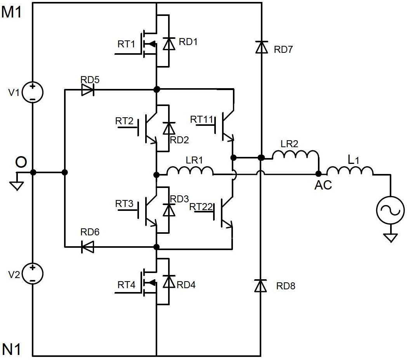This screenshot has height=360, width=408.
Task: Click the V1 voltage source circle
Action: click(33, 92)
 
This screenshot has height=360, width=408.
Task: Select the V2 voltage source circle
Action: click(33, 273)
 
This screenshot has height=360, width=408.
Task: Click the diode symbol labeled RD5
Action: click(88, 90)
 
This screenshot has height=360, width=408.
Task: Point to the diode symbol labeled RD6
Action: click(87, 247)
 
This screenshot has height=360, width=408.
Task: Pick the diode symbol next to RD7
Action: click(262, 47)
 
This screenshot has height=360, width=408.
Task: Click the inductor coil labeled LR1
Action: click(190, 172)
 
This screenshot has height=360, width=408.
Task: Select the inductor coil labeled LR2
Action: click(295, 155)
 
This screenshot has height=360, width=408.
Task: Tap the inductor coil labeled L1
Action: click(350, 171)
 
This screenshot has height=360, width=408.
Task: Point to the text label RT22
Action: click(201, 207)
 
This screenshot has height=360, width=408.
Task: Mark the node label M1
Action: click(12, 12)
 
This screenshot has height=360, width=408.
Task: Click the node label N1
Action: click(12, 349)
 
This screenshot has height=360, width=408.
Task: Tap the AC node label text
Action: click(323, 185)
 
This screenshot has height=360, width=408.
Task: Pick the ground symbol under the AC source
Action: click(390, 237)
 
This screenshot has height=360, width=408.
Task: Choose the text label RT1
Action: click(126, 44)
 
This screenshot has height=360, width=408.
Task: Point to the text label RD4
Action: click(186, 285)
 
